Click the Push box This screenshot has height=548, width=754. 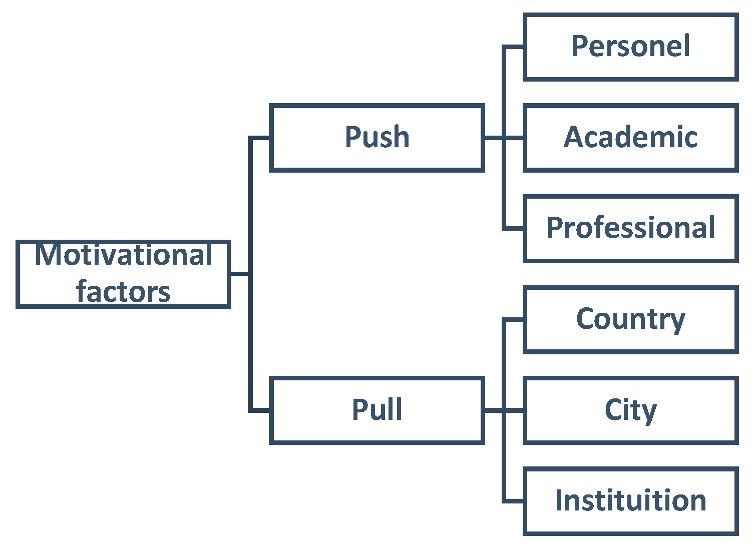[x=376, y=138]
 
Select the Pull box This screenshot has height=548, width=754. [x=376, y=410]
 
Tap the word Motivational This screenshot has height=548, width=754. [x=123, y=255]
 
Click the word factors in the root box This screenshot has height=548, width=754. [x=123, y=292]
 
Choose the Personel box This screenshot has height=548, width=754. [x=630, y=47]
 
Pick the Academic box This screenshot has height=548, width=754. [x=630, y=138]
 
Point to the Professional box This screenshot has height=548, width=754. [x=630, y=228]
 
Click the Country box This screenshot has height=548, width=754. [x=630, y=319]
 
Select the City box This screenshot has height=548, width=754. [x=630, y=410]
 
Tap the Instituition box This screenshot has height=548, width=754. [x=630, y=500]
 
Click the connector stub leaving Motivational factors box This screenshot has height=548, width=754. [x=239, y=274]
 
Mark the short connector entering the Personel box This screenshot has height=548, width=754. [x=514, y=47]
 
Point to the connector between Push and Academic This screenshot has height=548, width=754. [x=494, y=138]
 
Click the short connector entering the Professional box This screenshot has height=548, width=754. [x=514, y=229]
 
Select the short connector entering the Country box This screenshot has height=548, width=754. [x=514, y=319]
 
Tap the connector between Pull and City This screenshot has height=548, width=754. [x=494, y=410]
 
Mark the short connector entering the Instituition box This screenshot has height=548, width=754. [x=514, y=500]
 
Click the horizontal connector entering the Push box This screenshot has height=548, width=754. [x=260, y=138]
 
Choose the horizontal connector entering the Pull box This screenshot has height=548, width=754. [x=260, y=410]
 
